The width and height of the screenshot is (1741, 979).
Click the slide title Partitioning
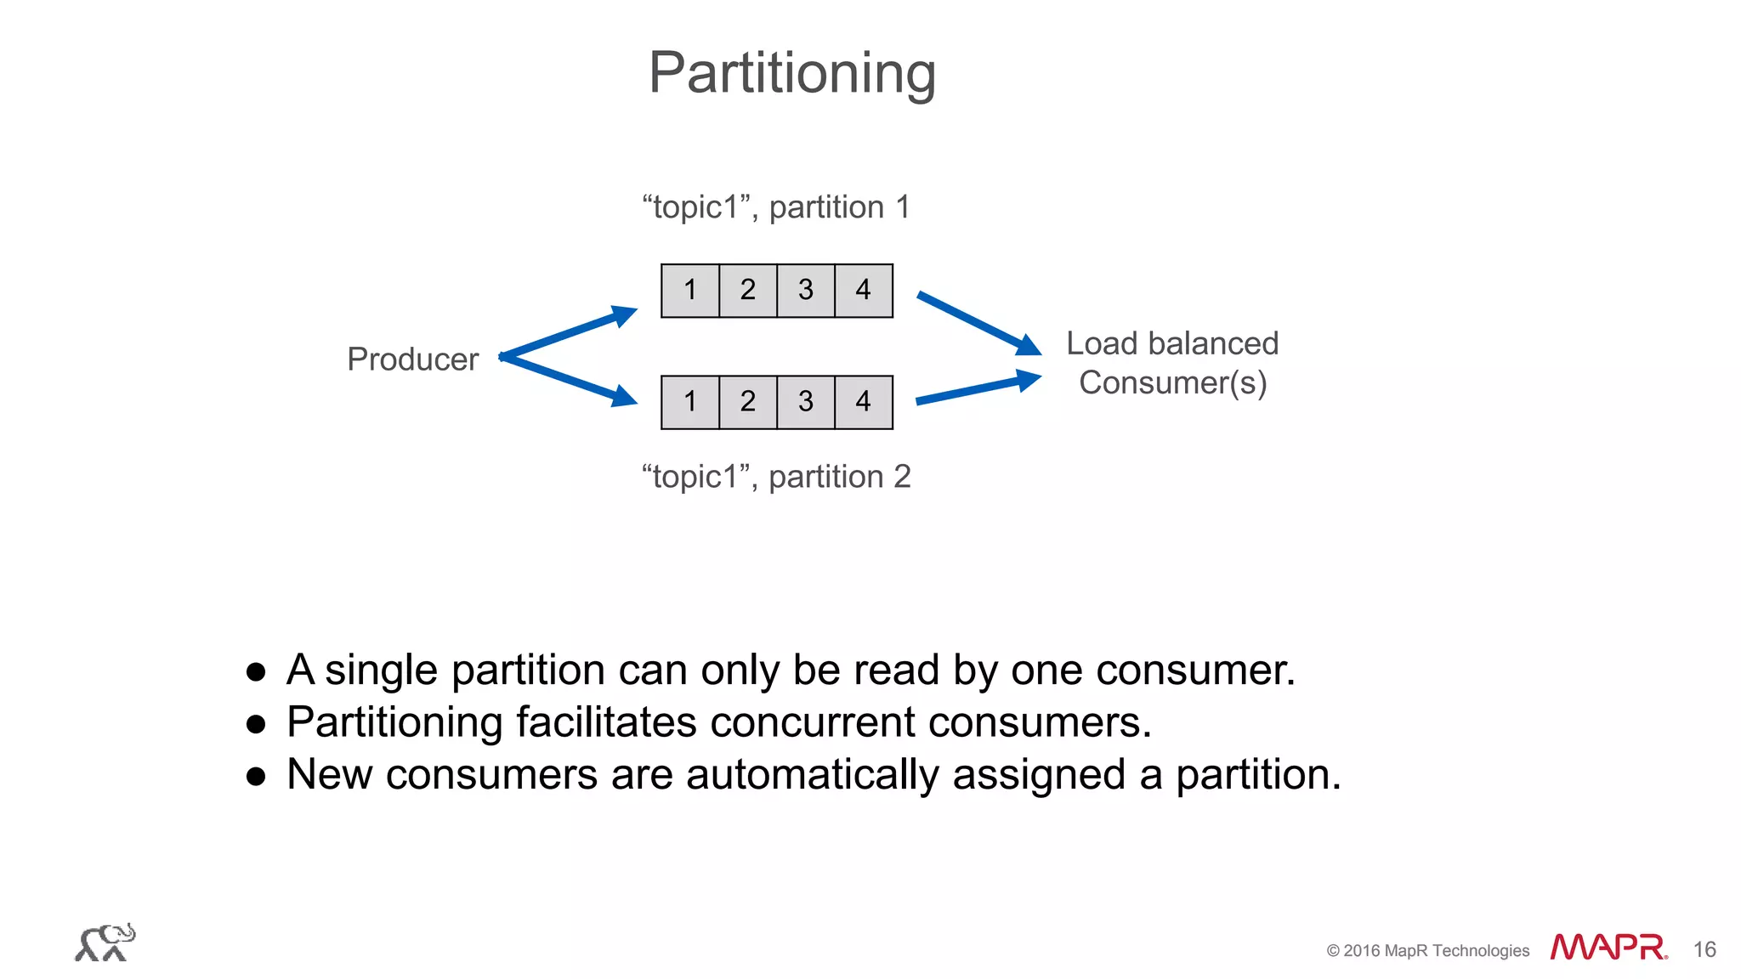coord(791,73)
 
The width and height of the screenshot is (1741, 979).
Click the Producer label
coord(412,359)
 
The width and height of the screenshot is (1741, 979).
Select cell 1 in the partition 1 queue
coord(690,291)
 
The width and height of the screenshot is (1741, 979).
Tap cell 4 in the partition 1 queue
coord(864,291)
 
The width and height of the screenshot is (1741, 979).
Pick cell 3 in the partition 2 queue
coord(806,402)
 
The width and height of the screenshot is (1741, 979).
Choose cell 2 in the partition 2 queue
coord(748,402)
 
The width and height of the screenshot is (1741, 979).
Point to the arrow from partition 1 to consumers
coord(978,323)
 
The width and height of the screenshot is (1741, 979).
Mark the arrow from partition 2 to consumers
coord(978,389)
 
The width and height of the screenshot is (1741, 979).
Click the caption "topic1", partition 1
coord(776,207)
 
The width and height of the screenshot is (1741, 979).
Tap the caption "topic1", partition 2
coord(776,477)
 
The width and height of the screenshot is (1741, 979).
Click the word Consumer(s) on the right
coord(1172,383)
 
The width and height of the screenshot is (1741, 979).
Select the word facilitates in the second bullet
coord(606,722)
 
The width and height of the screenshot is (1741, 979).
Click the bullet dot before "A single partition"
coord(256,672)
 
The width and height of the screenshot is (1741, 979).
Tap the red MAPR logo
coord(1608,948)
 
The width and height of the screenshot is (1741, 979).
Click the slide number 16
coord(1704,949)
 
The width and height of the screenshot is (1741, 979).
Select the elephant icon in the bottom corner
coord(105,942)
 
